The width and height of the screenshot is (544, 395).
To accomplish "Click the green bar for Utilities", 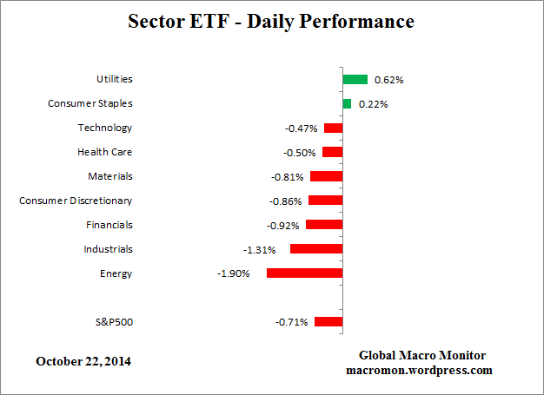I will point(355,79).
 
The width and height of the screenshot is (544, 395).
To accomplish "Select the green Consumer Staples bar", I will point(347,103).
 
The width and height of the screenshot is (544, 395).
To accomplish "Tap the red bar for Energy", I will point(304,273).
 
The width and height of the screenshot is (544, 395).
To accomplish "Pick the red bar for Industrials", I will point(316,249).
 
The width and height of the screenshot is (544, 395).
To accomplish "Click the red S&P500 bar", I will point(328,322).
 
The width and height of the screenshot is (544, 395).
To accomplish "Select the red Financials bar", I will point(324,225).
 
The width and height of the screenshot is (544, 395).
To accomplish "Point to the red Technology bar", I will point(333,128).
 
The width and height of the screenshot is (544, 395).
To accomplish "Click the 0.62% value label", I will point(388,80).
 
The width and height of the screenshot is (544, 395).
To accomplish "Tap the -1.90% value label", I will point(234,274).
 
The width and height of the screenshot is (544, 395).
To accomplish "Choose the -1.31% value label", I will point(259,250).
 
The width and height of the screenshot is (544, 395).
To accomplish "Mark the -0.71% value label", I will point(292,323).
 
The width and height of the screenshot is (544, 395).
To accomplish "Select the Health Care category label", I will point(104,152).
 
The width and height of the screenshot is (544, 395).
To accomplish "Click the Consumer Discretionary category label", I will point(76,201).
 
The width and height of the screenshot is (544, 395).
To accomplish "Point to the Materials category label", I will point(109,176).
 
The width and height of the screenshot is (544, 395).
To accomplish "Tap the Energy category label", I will point(116,273).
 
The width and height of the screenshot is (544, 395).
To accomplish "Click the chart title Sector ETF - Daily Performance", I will point(271,20).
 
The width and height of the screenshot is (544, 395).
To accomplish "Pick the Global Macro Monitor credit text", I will point(422,356).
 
